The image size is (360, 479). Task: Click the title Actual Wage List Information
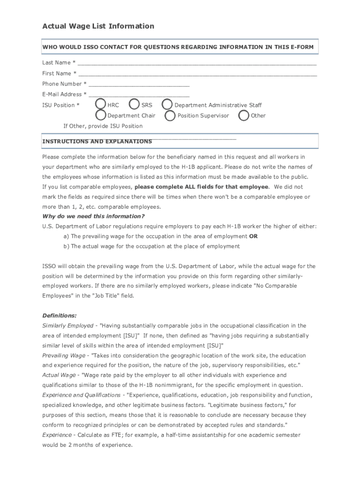click(98, 26)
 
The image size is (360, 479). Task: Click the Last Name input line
click(197, 62)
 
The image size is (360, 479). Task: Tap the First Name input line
click(197, 73)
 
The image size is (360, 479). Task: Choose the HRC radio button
click(100, 104)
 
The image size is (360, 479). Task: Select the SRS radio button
click(134, 104)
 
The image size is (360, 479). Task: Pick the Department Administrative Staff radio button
click(167, 104)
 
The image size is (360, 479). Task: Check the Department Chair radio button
click(100, 115)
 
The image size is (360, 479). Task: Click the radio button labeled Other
click(244, 115)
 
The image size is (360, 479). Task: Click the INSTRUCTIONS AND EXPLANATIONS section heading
click(97, 141)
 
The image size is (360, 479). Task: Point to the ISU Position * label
click(61, 105)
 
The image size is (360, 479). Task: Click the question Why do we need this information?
click(94, 216)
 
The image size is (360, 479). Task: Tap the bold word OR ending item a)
click(253, 236)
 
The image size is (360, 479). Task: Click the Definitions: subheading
click(59, 315)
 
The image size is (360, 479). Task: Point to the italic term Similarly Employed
click(68, 326)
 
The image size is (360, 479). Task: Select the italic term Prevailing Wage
click(64, 356)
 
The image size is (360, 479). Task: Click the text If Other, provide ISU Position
click(103, 126)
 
